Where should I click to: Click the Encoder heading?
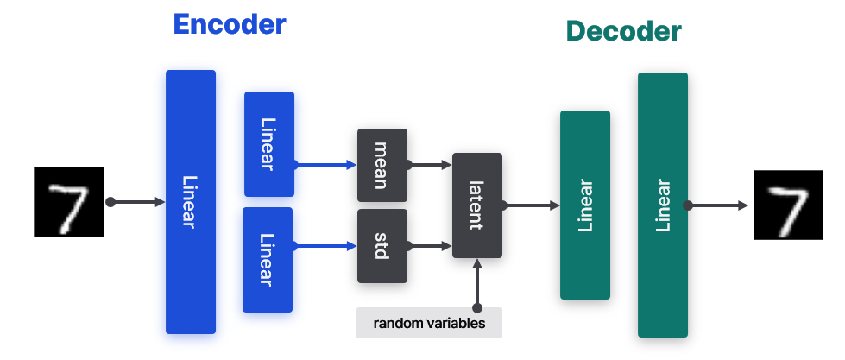(x=229, y=24)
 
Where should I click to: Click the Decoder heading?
(x=623, y=32)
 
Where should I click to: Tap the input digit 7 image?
(x=68, y=201)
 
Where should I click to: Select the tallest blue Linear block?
(x=190, y=202)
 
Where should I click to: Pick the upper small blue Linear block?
(x=269, y=144)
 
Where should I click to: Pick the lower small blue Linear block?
(x=268, y=259)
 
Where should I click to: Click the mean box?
(x=382, y=165)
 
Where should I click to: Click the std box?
(x=382, y=246)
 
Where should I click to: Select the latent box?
(x=477, y=205)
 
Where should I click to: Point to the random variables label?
(x=429, y=323)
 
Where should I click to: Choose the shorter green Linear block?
(x=585, y=205)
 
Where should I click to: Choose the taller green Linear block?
(x=663, y=205)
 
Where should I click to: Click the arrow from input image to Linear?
(x=136, y=202)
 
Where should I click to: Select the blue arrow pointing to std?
(x=325, y=246)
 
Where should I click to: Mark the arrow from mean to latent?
(x=430, y=162)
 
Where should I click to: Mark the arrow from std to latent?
(x=430, y=246)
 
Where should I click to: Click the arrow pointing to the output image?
(x=718, y=205)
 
